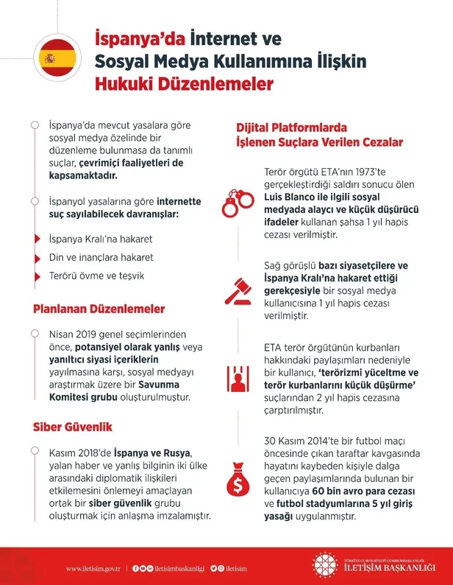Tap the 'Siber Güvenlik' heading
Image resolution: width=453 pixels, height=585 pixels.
click(72, 427)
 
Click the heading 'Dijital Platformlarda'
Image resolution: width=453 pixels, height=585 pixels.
click(291, 127)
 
